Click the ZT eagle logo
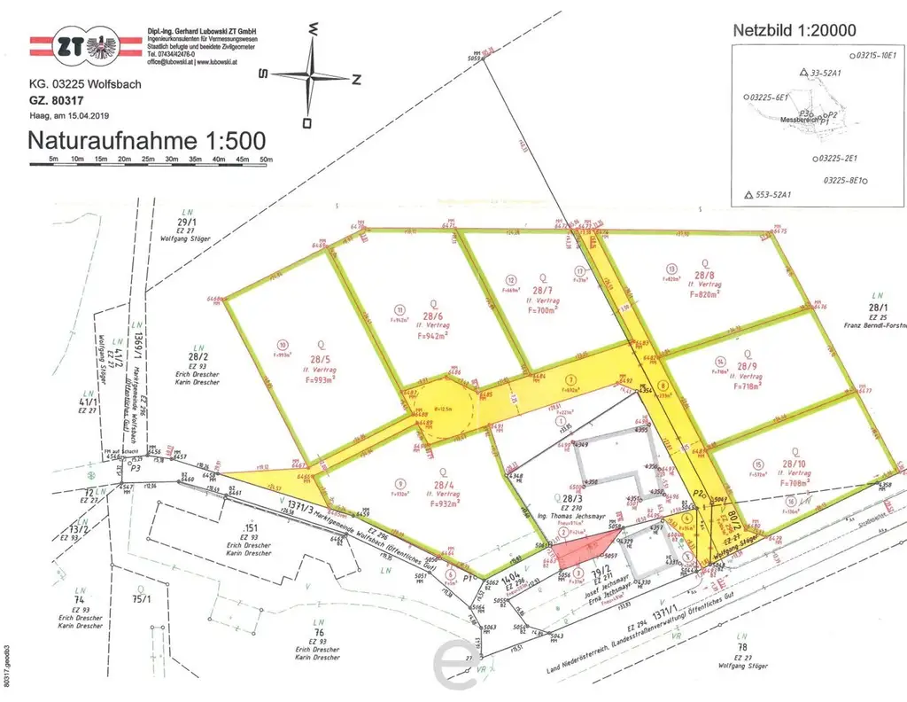pyautogui.click(x=87, y=47)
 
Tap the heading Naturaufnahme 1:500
pyautogui.click(x=146, y=141)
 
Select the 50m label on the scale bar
pyautogui.click(x=265, y=160)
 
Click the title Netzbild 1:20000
pyautogui.click(x=795, y=30)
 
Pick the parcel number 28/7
pyautogui.click(x=542, y=291)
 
